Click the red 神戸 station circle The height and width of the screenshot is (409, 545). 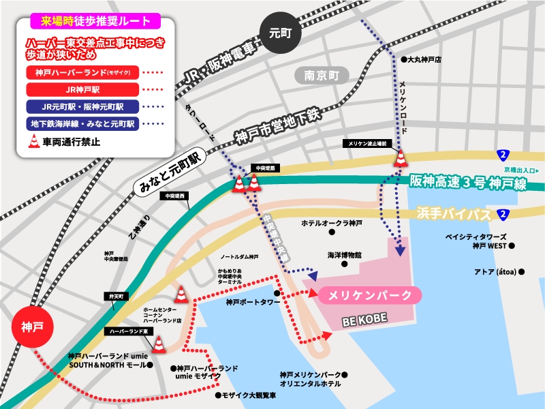[32, 327]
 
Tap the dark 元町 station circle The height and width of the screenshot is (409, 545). [279, 32]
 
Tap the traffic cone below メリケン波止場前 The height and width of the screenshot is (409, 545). [401, 159]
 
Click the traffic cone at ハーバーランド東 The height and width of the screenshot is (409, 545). [159, 345]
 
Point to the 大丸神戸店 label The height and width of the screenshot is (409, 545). [424, 60]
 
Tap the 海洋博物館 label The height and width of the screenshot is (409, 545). [344, 254]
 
